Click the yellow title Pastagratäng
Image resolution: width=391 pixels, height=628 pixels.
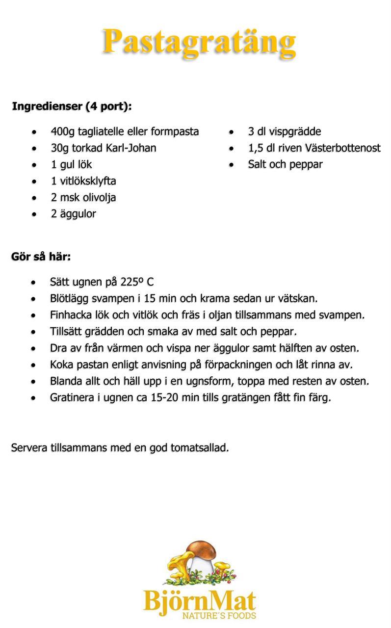click(x=199, y=41)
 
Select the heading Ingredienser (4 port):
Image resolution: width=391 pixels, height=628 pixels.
click(x=72, y=106)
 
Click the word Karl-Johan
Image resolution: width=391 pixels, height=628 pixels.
click(x=131, y=148)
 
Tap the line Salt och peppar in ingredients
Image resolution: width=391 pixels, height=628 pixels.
click(x=285, y=164)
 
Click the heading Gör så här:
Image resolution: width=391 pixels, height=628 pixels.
click(x=41, y=257)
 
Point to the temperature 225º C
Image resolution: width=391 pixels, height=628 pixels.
click(x=137, y=282)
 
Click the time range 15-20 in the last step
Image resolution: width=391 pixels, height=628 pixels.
click(x=164, y=398)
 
